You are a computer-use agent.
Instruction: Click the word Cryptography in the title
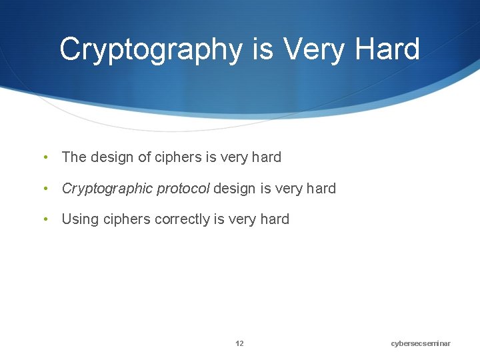point(151,50)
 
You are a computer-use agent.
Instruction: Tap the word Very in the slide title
point(313,49)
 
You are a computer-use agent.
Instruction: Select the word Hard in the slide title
point(387,49)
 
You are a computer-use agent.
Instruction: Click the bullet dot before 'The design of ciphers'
point(45,158)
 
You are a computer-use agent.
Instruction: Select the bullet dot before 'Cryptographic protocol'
point(45,189)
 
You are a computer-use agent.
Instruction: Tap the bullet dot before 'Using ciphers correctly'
point(45,220)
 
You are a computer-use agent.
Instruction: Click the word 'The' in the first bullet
point(74,157)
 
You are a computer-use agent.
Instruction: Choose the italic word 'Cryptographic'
point(107,189)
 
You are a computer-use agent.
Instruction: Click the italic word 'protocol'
point(183,189)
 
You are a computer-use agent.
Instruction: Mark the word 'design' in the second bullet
point(235,189)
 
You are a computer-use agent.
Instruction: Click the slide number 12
point(239,343)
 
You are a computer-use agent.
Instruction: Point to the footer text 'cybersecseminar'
point(421,343)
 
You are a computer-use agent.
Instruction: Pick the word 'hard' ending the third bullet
point(274,219)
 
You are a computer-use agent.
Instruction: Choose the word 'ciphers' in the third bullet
point(127,219)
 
